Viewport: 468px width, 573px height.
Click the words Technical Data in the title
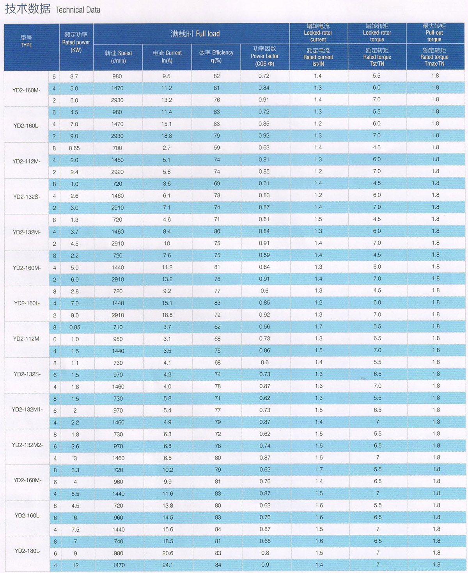point(78,10)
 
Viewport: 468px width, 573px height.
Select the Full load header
point(195,34)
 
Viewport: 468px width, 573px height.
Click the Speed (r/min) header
point(118,57)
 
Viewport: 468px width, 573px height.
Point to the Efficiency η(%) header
point(216,56)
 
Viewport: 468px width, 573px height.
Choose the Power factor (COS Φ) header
point(264,56)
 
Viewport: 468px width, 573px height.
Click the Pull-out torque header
point(434,33)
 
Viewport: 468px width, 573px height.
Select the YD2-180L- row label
point(27,551)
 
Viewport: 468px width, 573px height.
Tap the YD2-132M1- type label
point(27,410)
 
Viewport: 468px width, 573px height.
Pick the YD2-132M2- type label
point(27,445)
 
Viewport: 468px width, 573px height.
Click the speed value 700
point(117,148)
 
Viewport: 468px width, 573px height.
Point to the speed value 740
point(119,541)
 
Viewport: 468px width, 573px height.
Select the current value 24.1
point(168,565)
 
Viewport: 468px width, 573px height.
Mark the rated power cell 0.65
point(74,148)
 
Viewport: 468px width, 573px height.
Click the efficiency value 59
point(217,148)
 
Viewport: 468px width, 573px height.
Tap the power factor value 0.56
point(264,326)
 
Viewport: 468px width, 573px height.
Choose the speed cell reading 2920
point(117,172)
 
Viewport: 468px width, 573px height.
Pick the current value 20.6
point(168,553)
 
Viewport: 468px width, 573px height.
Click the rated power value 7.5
point(75,530)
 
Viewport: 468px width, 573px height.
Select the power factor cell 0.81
point(264,160)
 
